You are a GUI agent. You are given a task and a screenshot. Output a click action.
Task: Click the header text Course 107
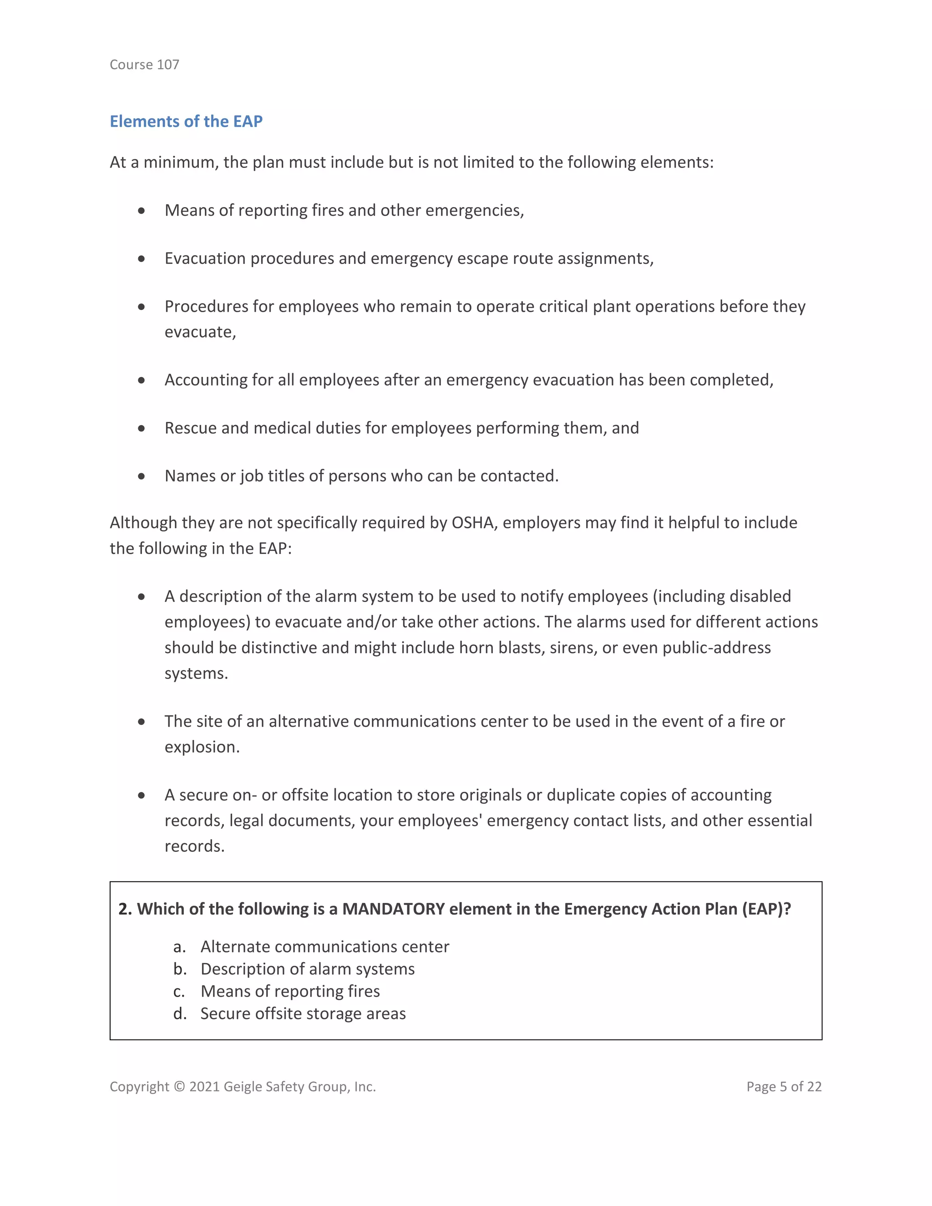coord(144,65)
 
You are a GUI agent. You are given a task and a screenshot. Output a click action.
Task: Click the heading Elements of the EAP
coord(186,121)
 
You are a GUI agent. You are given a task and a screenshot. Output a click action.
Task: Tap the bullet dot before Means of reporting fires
coord(142,210)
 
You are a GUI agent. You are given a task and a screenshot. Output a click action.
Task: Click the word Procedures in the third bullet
coord(206,306)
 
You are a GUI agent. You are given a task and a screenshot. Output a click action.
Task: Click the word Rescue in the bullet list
coord(191,428)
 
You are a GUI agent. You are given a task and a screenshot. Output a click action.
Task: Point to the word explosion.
coord(202,747)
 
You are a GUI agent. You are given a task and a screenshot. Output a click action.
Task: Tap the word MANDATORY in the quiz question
coord(393,909)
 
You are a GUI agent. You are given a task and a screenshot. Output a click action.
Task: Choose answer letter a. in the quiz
coord(179,947)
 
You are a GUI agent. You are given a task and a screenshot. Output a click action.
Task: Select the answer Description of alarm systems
coord(307,969)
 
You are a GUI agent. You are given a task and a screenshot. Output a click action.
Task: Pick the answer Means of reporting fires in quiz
coord(290,991)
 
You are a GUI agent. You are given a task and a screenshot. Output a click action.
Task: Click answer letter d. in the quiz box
coord(179,1014)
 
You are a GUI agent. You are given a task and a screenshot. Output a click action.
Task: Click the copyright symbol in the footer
coord(179,1087)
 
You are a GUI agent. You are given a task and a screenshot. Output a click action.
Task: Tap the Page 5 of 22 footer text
coord(784,1087)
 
